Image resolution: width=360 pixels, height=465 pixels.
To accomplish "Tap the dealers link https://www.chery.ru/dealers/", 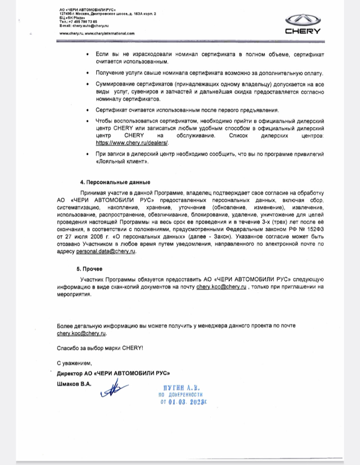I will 132,143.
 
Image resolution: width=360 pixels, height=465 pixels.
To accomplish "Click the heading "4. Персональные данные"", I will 115,182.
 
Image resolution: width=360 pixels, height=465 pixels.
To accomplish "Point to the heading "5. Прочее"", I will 89,269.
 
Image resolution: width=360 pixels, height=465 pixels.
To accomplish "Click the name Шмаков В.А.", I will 74,384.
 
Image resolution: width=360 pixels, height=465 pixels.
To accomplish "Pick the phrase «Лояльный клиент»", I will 122,161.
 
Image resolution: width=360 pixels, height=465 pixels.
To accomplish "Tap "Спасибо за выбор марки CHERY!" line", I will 100,348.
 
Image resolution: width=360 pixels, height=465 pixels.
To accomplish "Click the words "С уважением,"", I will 74,363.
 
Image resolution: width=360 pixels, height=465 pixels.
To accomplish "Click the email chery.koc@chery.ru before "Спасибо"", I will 82,333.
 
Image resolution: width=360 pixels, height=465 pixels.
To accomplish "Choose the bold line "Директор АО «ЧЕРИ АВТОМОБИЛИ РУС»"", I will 113,374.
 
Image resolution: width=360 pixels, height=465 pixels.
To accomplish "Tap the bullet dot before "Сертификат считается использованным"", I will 87,111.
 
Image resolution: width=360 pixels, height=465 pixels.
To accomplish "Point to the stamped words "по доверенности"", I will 181,395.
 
